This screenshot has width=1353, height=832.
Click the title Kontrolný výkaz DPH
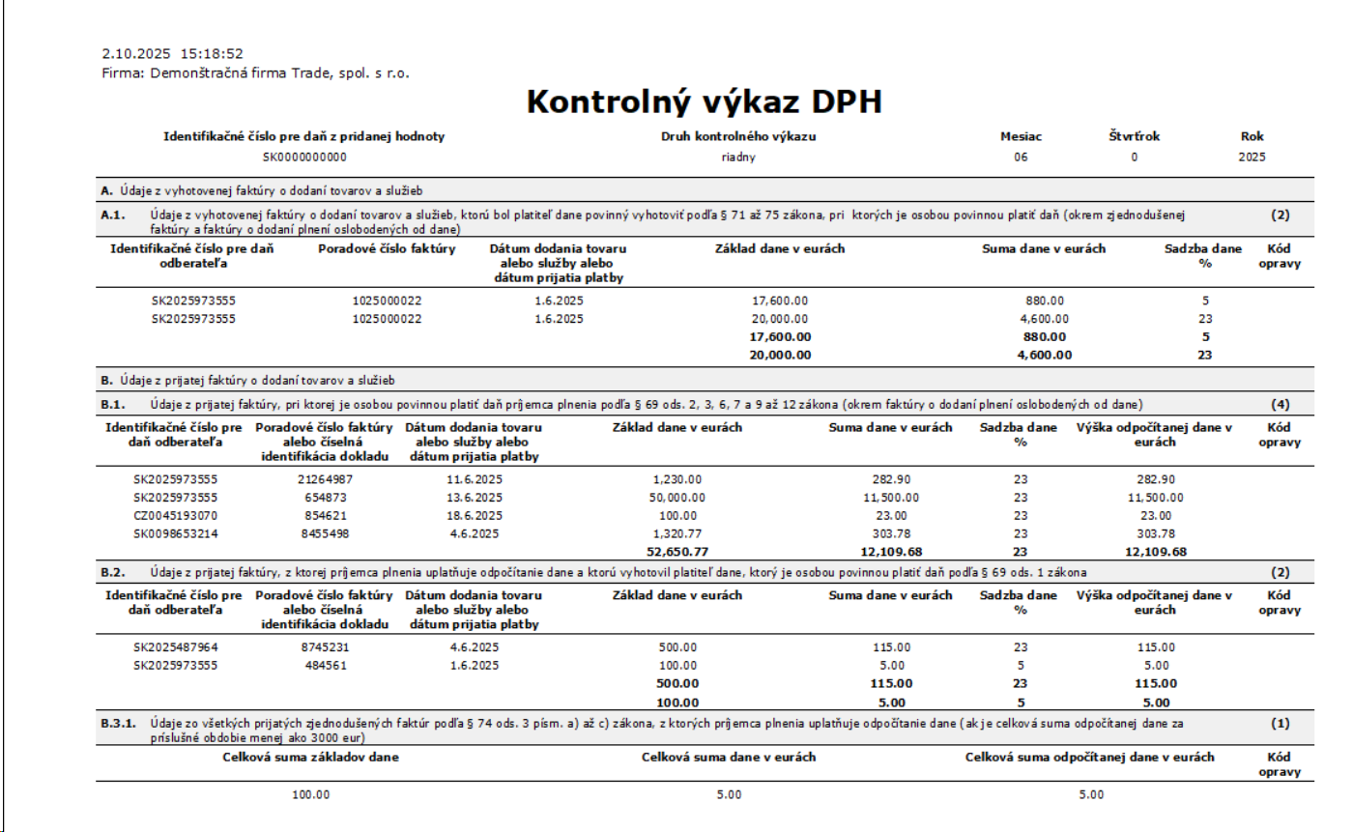tap(704, 102)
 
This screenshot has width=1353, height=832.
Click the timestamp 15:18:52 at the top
tap(211, 54)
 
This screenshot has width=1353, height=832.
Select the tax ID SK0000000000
tap(304, 157)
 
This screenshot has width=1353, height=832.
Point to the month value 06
tap(1021, 157)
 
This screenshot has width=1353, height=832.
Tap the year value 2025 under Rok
tap(1252, 157)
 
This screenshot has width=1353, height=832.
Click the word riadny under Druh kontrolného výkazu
tap(738, 157)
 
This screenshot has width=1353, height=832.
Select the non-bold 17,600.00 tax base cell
tap(779, 301)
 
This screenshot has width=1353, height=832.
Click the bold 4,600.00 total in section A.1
tap(1046, 355)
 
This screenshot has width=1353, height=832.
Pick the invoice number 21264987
tap(324, 479)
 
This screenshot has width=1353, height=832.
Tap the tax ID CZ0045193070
tap(175, 516)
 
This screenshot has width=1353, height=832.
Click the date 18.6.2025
tap(474, 516)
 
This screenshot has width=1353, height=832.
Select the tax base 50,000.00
tap(676, 498)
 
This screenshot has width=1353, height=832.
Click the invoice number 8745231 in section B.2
tap(324, 647)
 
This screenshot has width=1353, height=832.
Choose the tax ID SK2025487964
tap(175, 647)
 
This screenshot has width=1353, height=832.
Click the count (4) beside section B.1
tap(1281, 404)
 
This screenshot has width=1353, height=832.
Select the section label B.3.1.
tap(118, 722)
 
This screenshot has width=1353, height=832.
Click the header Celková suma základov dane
tap(311, 757)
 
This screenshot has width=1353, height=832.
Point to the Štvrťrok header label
tap(1134, 136)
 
